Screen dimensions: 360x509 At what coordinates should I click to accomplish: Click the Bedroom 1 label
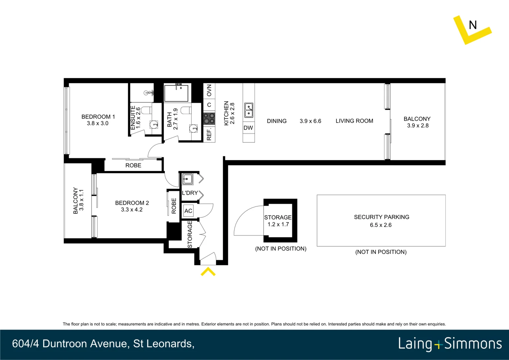pyautogui.click(x=98, y=117)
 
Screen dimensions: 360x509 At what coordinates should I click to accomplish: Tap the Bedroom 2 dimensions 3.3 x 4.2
pyautogui.click(x=132, y=210)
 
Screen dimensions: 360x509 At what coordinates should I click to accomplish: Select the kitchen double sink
pyautogui.click(x=249, y=110)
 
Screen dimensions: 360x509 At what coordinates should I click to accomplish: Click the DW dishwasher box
pyautogui.click(x=248, y=128)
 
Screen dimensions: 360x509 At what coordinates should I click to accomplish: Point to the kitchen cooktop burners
pyautogui.click(x=209, y=118)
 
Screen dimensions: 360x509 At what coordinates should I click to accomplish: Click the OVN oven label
pyautogui.click(x=209, y=90)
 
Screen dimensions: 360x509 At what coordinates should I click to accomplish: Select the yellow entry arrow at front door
pyautogui.click(x=208, y=272)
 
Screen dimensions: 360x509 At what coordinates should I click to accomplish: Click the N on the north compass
pyautogui.click(x=473, y=25)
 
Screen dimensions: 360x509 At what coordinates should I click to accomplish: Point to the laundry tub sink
pyautogui.click(x=187, y=179)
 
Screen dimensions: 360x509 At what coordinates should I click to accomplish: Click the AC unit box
pyautogui.click(x=188, y=211)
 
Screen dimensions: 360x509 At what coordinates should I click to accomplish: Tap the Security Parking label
pyautogui.click(x=381, y=217)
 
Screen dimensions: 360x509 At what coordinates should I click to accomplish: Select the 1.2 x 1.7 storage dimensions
pyautogui.click(x=278, y=224)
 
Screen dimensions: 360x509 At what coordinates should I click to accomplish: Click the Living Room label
pyautogui.click(x=354, y=121)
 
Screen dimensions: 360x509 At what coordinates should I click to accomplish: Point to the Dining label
pyautogui.click(x=276, y=121)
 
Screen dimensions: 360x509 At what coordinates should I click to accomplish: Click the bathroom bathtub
pyautogui.click(x=176, y=93)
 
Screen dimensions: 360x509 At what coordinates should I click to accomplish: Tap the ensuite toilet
pyautogui.click(x=146, y=110)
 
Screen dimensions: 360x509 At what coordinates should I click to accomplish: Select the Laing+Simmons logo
pyautogui.click(x=450, y=344)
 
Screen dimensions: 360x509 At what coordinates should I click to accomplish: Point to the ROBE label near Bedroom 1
pyautogui.click(x=133, y=165)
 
